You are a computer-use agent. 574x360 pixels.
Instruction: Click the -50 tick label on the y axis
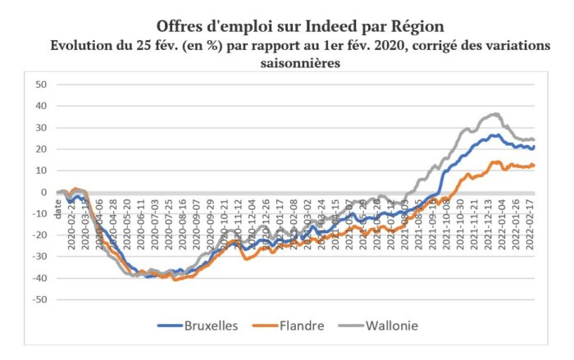(39, 299)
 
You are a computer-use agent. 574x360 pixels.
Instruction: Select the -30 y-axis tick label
(39, 257)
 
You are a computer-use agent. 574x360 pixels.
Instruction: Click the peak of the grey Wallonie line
(496, 114)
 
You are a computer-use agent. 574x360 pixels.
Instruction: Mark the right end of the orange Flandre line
(534, 165)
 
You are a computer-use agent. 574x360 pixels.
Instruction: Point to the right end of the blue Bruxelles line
(534, 147)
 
